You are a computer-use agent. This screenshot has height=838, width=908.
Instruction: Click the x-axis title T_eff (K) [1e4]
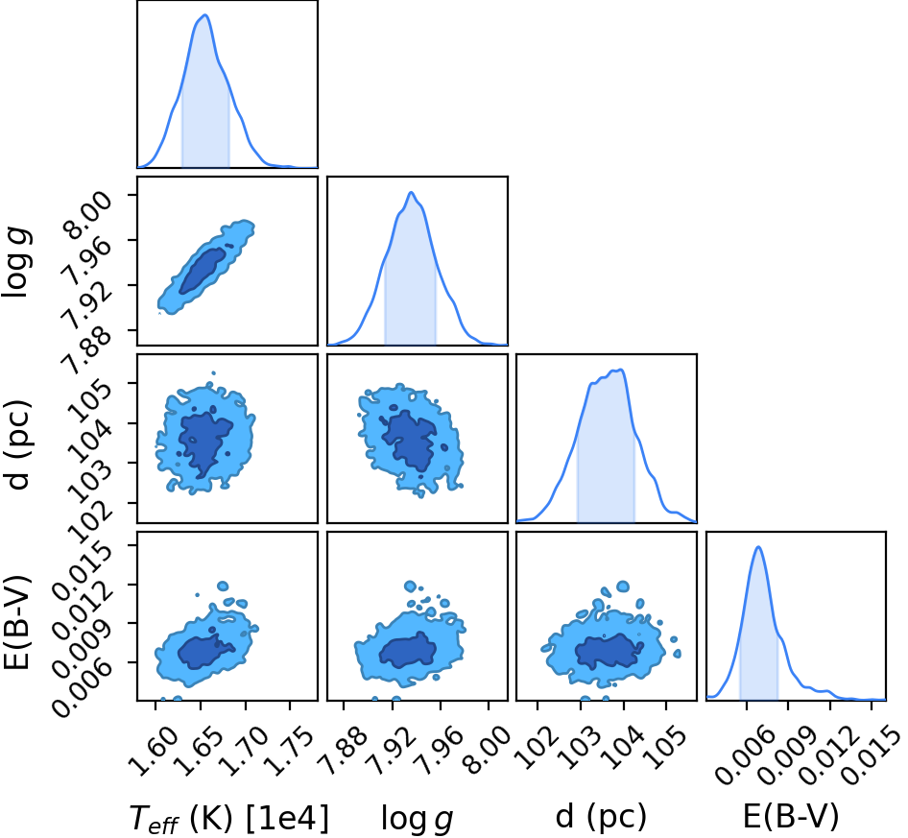pyautogui.click(x=229, y=818)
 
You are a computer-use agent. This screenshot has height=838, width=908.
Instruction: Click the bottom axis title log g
pyautogui.click(x=417, y=818)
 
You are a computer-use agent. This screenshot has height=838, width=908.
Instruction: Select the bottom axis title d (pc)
pyautogui.click(x=601, y=817)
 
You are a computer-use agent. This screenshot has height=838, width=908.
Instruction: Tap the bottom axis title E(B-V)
pyautogui.click(x=791, y=817)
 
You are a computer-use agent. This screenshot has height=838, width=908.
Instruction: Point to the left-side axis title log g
pyautogui.click(x=17, y=263)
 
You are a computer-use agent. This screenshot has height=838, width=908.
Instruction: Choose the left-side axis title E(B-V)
pyautogui.click(x=16, y=623)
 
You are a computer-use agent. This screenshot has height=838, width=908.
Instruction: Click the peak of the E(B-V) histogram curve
pyautogui.click(x=758, y=547)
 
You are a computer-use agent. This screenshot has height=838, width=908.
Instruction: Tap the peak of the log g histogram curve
pyautogui.click(x=411, y=192)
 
